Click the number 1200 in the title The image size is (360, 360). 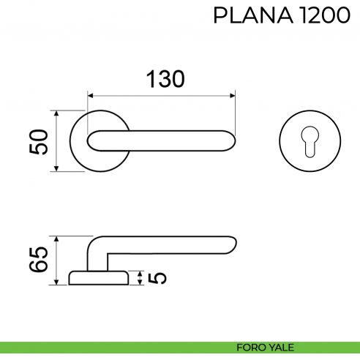319,15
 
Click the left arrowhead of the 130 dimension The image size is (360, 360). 91,94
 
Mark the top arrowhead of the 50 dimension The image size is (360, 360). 56,114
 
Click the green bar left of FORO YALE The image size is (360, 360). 110,347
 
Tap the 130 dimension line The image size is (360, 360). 161,94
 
